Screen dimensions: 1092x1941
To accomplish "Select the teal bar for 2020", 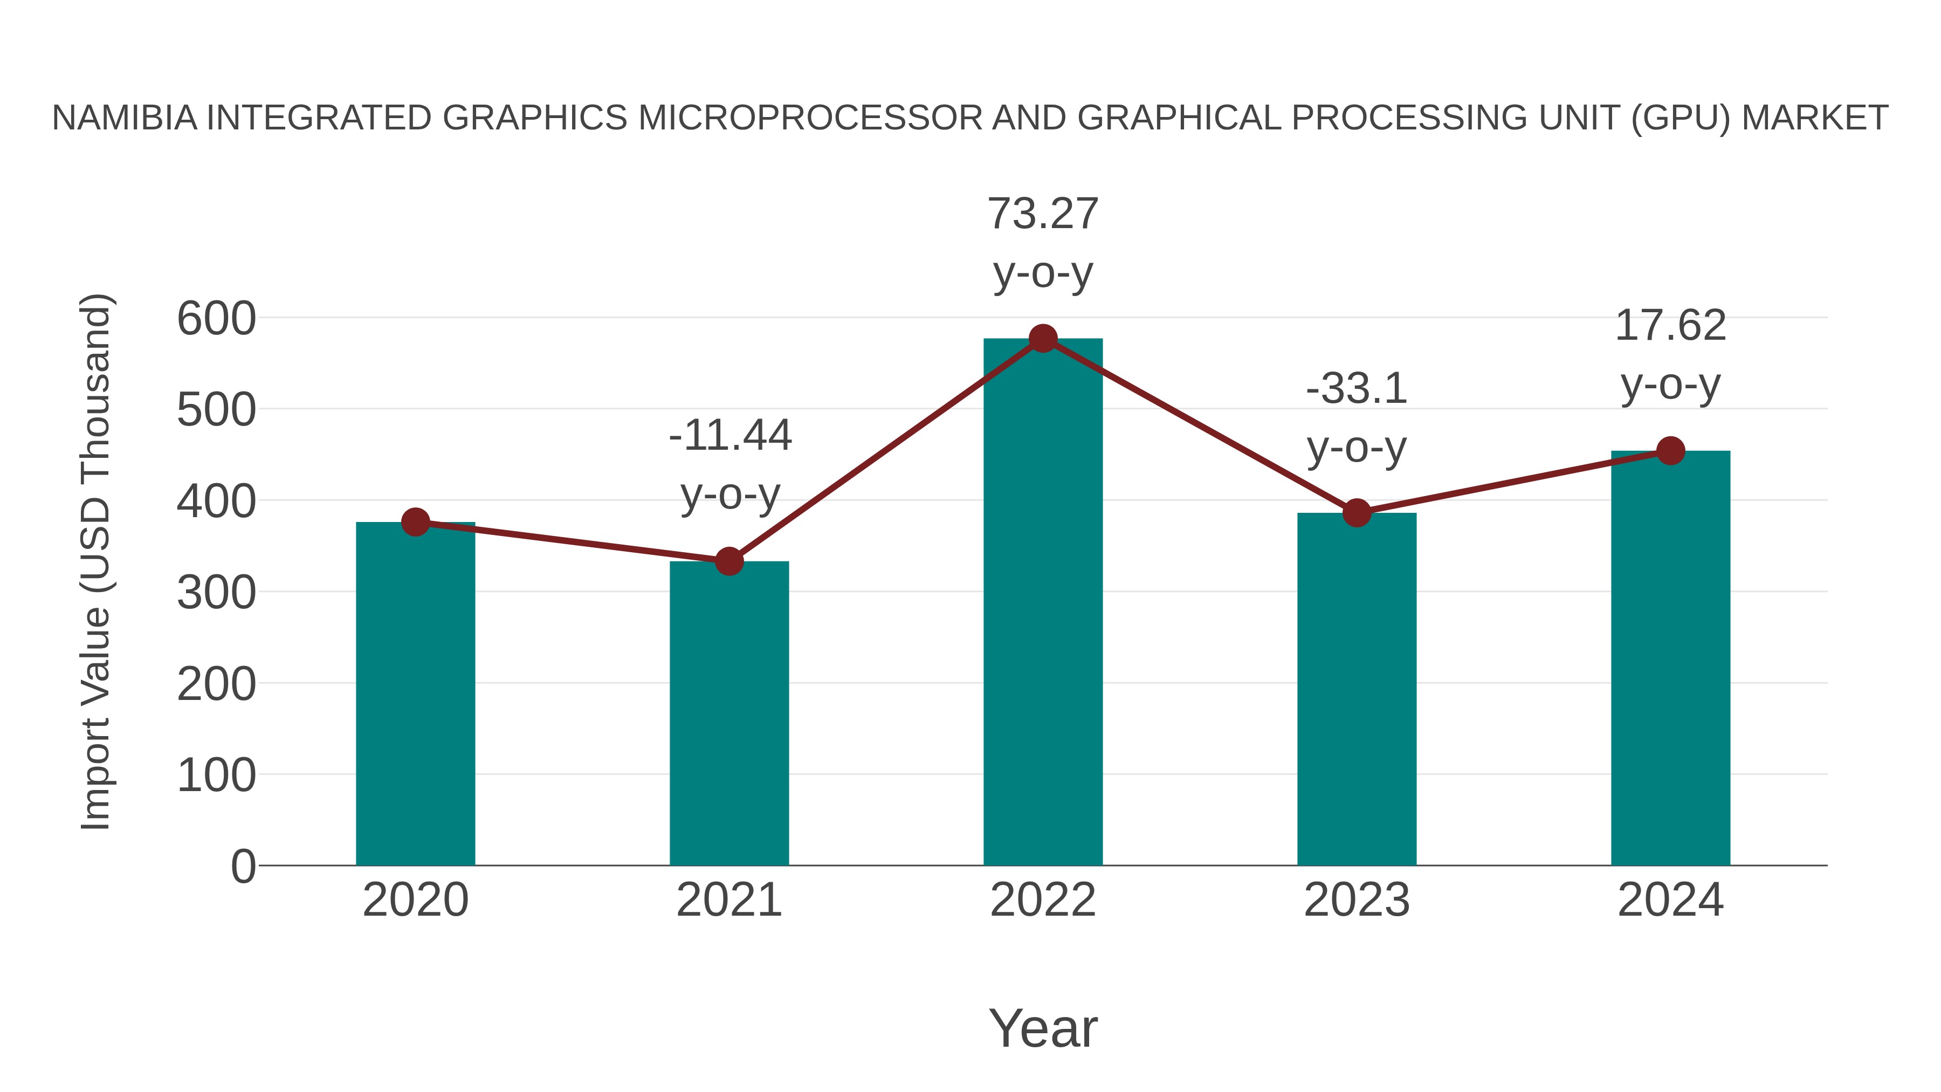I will (x=415, y=693).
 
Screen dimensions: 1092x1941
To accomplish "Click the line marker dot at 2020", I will (x=415, y=521).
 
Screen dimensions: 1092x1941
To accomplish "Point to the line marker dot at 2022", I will (x=1043, y=338).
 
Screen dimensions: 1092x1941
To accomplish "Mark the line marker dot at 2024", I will (x=1670, y=451).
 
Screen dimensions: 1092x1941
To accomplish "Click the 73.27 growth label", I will (x=1043, y=214).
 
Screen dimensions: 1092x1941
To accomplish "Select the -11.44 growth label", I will (x=730, y=436).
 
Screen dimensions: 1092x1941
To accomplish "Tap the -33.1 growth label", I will (x=1357, y=389).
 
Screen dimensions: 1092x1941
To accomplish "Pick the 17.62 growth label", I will (x=1670, y=326).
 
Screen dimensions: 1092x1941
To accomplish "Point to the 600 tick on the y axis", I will (x=216, y=318).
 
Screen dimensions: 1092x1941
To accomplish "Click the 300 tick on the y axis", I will (x=216, y=592).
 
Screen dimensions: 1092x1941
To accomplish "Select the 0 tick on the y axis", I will (x=243, y=866).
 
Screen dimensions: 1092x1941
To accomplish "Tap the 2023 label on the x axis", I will (x=1357, y=900).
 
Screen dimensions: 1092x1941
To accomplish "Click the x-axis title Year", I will (x=1043, y=1028).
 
